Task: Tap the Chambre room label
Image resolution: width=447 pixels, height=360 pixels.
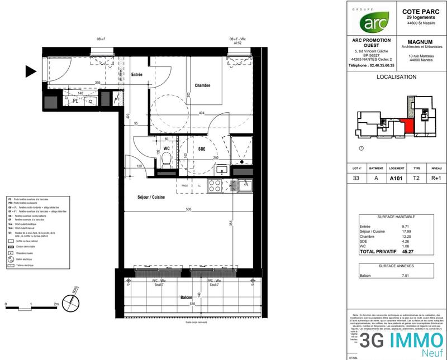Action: tap(202, 85)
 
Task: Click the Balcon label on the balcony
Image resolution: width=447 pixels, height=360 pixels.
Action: tap(187, 297)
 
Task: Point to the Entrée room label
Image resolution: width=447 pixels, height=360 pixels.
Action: tap(136, 75)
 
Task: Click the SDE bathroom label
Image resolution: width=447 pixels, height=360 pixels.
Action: tap(202, 148)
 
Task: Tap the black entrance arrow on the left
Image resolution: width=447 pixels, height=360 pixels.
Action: tap(31, 71)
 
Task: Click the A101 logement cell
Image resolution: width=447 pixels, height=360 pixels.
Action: tap(397, 179)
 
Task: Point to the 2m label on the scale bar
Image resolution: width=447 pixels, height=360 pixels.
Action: tap(56, 305)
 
